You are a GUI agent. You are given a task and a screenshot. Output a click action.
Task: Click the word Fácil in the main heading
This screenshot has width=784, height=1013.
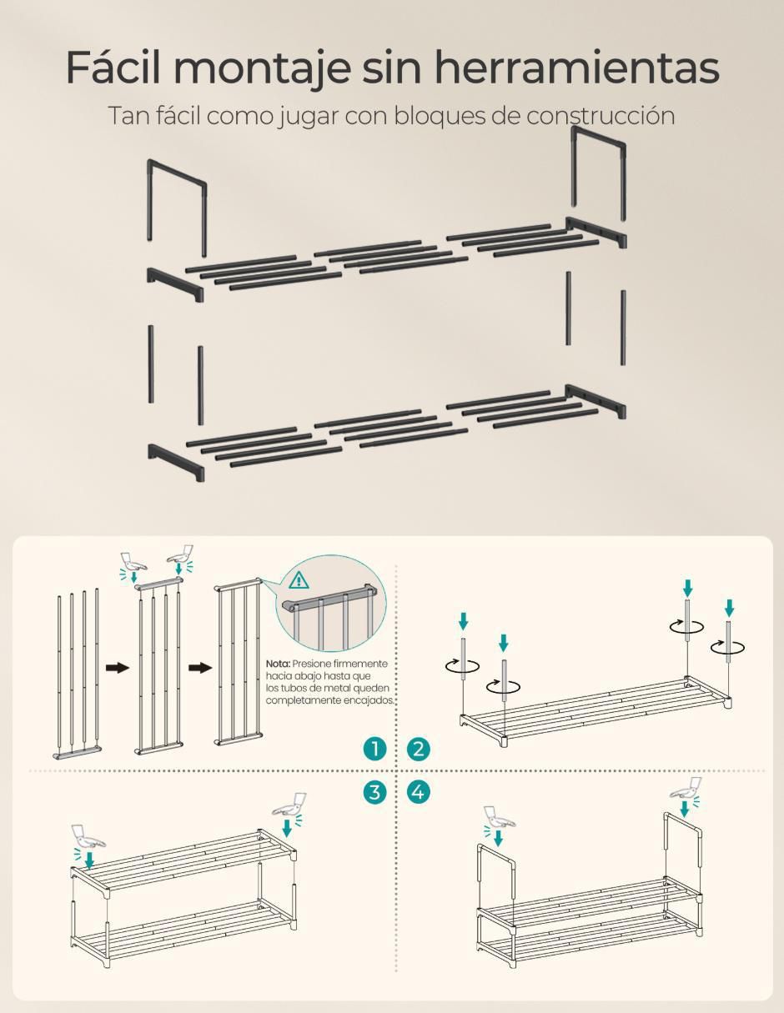tap(113, 68)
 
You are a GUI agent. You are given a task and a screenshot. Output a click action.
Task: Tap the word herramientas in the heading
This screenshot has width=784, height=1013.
tap(577, 68)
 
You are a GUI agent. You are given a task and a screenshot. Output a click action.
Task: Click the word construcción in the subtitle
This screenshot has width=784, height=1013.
tap(601, 116)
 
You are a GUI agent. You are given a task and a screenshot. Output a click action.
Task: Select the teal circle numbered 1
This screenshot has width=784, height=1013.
tap(374, 749)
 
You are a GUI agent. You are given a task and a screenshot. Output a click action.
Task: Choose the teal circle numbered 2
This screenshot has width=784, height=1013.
tap(418, 749)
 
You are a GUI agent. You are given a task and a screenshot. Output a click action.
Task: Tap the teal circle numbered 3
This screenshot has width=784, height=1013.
tap(374, 792)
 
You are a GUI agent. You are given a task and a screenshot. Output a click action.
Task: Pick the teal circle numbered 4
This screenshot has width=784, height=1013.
tap(418, 792)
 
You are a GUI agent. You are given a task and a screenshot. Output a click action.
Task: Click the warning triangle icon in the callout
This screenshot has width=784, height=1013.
tap(299, 581)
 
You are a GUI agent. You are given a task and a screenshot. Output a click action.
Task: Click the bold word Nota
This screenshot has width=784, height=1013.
tap(279, 664)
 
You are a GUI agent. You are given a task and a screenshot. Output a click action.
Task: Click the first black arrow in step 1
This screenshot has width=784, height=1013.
tap(117, 668)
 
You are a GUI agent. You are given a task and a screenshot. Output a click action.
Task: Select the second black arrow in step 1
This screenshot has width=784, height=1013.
tap(200, 668)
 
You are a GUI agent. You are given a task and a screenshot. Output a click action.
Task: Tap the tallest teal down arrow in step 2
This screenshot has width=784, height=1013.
tap(687, 588)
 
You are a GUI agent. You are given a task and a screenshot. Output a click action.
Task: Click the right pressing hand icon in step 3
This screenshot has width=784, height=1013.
tap(289, 805)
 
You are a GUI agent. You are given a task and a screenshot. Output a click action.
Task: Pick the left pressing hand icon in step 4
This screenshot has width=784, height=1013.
tap(500, 819)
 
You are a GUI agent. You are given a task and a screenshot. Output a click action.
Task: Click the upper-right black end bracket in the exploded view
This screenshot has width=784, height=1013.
tap(596, 232)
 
